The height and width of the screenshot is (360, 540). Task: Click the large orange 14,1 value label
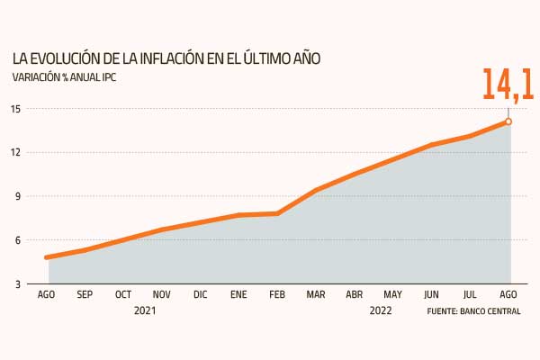pyautogui.click(x=508, y=85)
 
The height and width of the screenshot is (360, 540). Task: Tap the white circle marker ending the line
pyautogui.click(x=508, y=121)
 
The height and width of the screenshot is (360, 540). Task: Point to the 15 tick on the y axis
pyautogui.click(x=16, y=109)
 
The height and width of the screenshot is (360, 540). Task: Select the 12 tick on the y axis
pyautogui.click(x=16, y=152)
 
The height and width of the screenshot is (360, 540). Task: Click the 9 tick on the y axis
pyautogui.click(x=18, y=196)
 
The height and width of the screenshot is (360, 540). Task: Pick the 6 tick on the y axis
pyautogui.click(x=18, y=240)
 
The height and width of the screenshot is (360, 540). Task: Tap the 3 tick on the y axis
pyautogui.click(x=18, y=284)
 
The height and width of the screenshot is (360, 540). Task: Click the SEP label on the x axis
pyautogui.click(x=85, y=294)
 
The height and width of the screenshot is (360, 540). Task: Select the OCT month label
pyautogui.click(x=123, y=294)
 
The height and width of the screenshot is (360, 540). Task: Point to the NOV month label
pyautogui.click(x=161, y=294)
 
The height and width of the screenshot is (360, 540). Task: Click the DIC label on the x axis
pyautogui.click(x=201, y=294)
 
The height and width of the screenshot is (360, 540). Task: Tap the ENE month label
pyautogui.click(x=238, y=294)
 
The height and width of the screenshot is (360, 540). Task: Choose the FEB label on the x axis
pyautogui.click(x=277, y=294)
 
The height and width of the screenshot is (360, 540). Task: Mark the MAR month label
pyautogui.click(x=316, y=294)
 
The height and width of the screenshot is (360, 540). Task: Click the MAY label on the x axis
pyautogui.click(x=393, y=294)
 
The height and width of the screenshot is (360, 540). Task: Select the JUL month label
pyautogui.click(x=470, y=294)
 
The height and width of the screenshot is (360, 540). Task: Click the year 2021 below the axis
pyautogui.click(x=145, y=310)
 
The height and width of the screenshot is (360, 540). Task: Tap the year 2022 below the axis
pyautogui.click(x=381, y=310)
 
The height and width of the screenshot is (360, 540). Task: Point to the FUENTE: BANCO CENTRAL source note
pyautogui.click(x=474, y=311)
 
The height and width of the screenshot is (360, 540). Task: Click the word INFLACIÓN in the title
pyautogui.click(x=172, y=58)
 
